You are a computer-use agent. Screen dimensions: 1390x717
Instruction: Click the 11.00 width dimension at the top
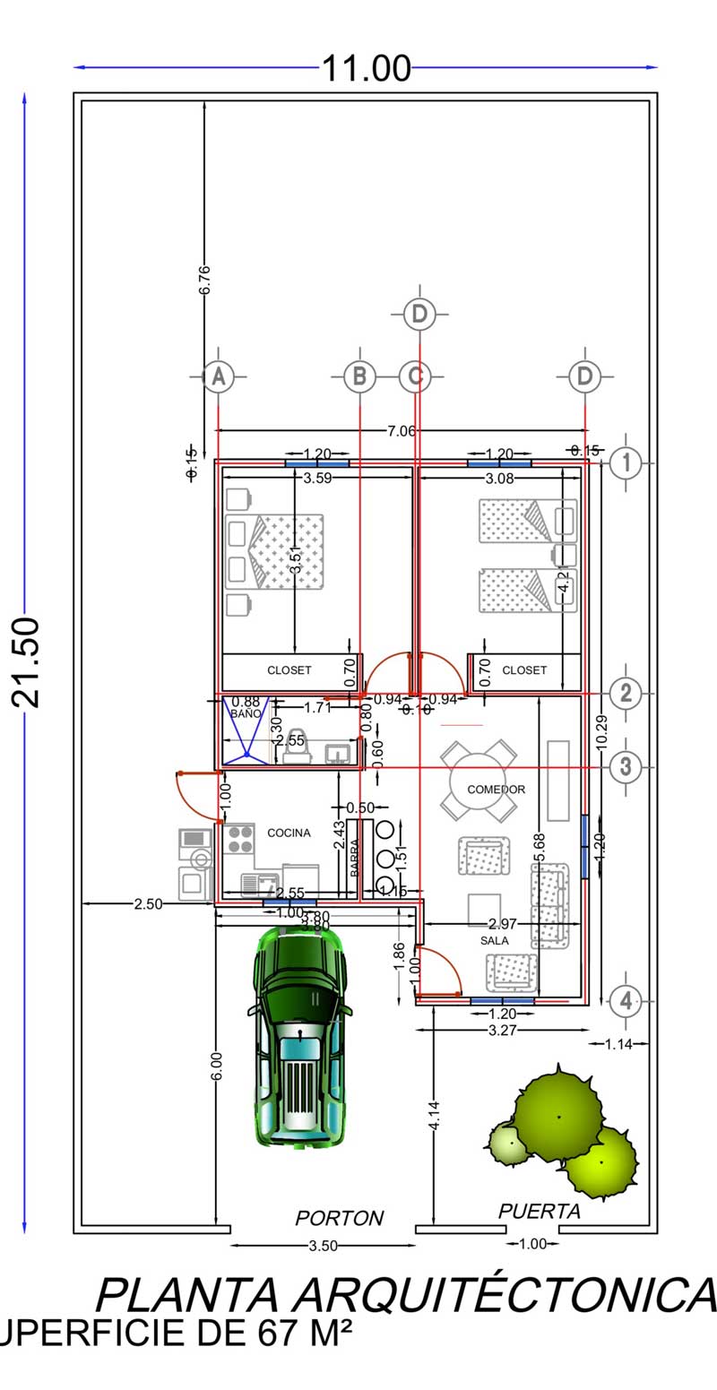point(366,68)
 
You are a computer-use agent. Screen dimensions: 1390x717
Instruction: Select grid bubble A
point(217,377)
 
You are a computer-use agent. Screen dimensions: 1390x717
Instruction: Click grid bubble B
point(359,377)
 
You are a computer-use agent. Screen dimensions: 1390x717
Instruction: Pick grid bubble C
point(414,377)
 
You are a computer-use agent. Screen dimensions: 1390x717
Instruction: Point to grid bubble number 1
point(626,463)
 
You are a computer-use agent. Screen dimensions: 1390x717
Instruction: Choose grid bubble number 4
point(626,1001)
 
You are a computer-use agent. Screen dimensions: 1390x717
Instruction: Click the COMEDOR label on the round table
point(496,790)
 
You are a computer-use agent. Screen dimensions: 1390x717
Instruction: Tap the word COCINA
point(289,833)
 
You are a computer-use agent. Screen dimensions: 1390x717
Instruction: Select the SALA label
point(494,941)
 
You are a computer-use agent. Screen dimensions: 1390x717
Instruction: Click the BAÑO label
point(243,714)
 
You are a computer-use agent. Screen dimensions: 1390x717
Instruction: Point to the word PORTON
point(339,1218)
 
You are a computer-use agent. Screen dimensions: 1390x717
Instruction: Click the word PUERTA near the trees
point(540,1212)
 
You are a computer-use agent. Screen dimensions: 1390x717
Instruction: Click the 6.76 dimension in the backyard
point(204,281)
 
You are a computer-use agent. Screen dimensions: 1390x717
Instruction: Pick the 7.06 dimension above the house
point(401,431)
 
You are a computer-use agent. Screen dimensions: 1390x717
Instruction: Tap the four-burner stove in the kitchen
point(240,838)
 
